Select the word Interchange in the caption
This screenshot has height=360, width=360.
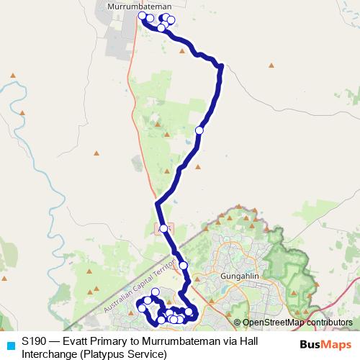pos(48,354)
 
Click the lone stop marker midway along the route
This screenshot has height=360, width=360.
pos(199,130)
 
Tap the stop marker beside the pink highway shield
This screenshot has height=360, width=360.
pos(164,228)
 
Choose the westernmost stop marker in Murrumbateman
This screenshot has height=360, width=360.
pos(143,15)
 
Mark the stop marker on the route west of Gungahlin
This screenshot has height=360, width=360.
pos(184,266)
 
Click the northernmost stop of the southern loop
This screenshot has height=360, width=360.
pos(155,292)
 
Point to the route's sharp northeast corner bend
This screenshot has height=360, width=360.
pos(221,67)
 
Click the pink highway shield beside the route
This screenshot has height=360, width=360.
pos(158,228)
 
